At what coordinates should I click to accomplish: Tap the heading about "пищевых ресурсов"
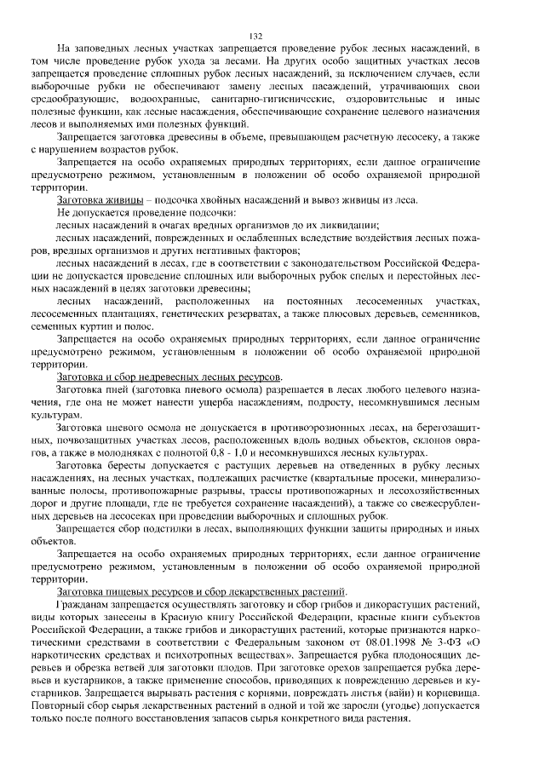[201, 590]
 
